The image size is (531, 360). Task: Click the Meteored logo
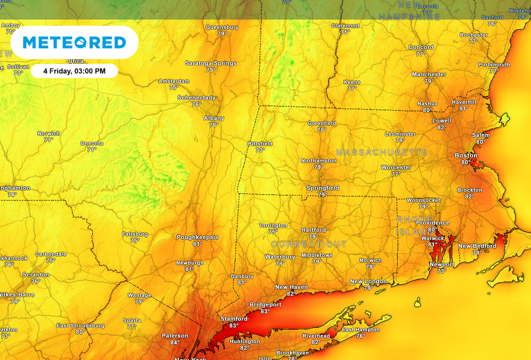point(75,43)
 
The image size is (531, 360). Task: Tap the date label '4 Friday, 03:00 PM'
point(74,71)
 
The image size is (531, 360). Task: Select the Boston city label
point(466,155)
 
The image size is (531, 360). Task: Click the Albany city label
point(214,118)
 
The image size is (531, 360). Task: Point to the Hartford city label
point(314,230)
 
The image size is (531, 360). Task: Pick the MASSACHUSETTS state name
point(382,153)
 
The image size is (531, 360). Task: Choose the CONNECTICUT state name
point(309,244)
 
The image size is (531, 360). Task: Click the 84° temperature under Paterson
point(175,342)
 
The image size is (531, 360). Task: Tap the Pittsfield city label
point(260,144)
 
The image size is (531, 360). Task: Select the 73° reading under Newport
point(442,271)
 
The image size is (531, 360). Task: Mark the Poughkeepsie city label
point(198,237)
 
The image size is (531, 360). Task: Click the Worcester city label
point(396,168)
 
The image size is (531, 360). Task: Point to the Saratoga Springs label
point(211,63)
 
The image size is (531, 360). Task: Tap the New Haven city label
point(291,287)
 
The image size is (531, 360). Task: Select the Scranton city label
point(36,274)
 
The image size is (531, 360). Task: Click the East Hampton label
point(360,329)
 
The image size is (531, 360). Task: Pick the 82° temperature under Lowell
point(442,128)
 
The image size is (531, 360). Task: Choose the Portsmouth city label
point(494,65)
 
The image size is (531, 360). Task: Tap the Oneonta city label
point(92,143)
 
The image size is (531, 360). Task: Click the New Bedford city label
point(477,246)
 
